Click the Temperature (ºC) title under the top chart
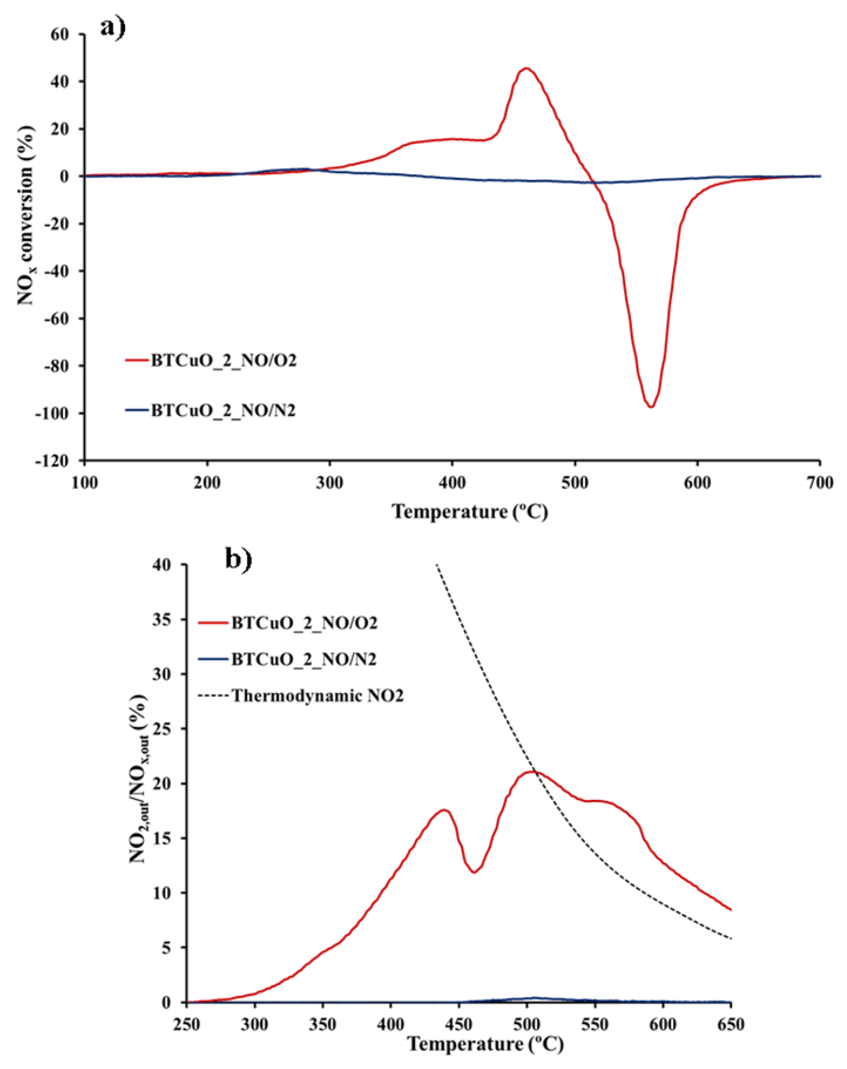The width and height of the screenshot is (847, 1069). (470, 511)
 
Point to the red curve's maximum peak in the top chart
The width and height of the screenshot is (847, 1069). (526, 68)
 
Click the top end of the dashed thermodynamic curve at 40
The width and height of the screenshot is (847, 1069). (437, 565)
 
